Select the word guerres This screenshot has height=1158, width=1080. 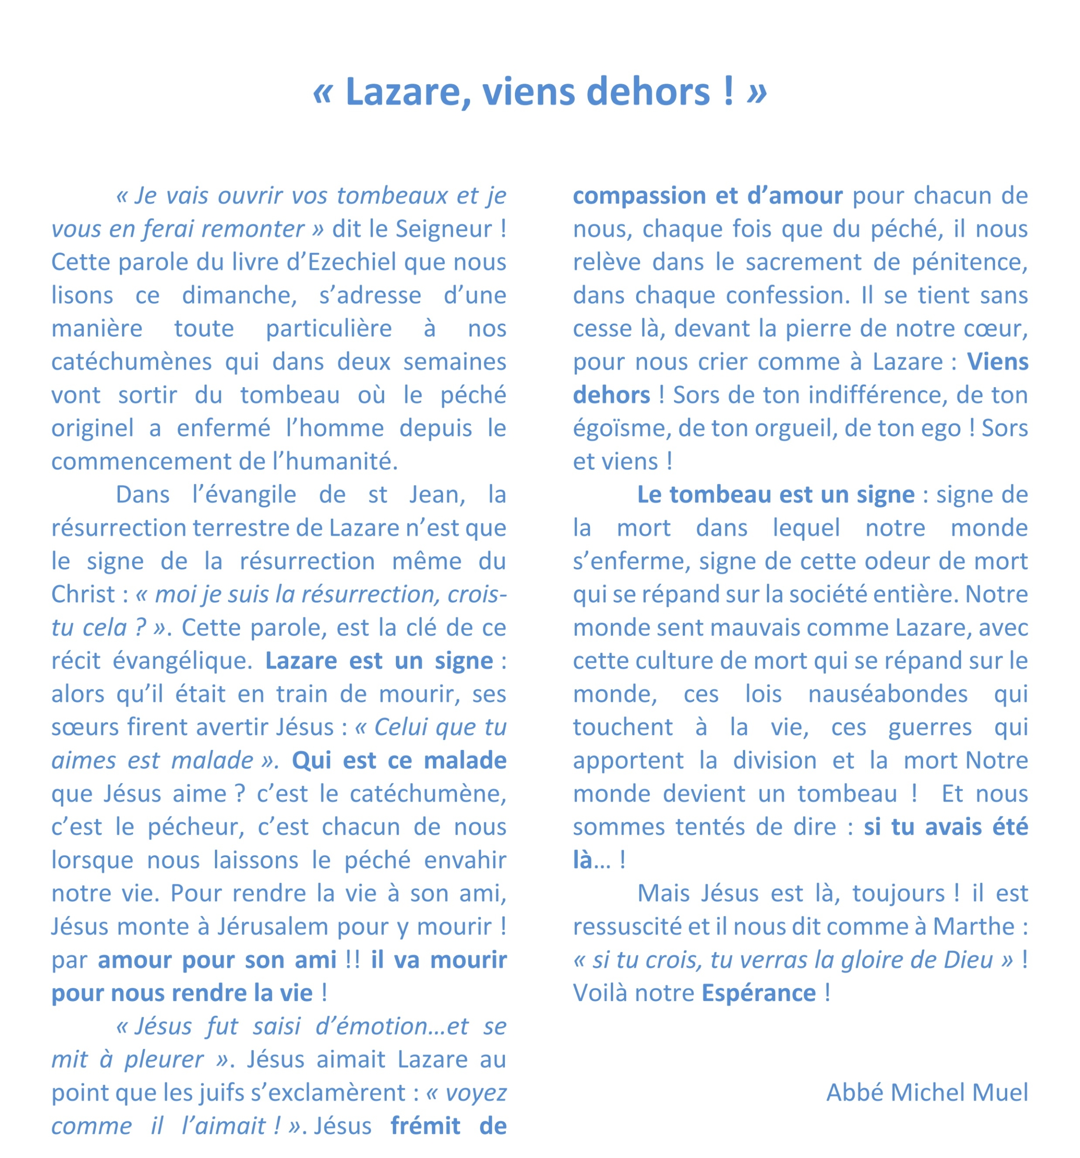(930, 727)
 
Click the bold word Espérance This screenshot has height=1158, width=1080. (758, 992)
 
